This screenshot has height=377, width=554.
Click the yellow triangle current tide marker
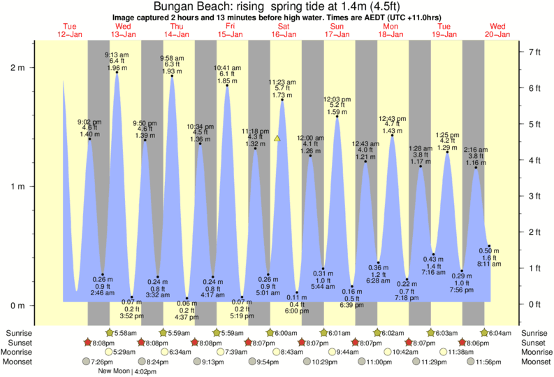pos(277,138)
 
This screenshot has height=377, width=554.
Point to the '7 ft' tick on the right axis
pos(534,52)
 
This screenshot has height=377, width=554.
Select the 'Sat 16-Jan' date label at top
pos(284,30)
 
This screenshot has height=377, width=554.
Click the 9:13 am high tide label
pos(115,55)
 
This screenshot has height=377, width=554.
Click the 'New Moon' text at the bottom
pos(115,371)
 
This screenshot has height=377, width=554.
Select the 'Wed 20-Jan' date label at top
pos(499,30)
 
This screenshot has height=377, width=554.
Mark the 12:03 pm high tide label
pos(337,99)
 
